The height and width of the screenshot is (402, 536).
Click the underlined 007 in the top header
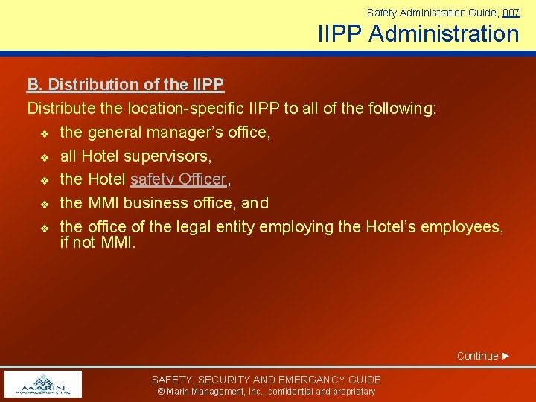click(x=511, y=13)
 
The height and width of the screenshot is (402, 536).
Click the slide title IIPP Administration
click(x=418, y=33)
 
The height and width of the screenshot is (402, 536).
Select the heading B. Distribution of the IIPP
click(x=126, y=85)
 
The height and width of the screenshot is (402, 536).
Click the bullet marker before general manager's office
click(x=44, y=133)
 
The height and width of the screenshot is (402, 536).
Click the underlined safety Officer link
click(x=178, y=179)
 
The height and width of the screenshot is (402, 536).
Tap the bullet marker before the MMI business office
click(x=44, y=203)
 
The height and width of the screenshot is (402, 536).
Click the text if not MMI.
click(x=98, y=242)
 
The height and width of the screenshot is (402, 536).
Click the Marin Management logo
click(x=43, y=384)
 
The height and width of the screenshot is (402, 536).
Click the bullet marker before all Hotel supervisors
click(x=44, y=157)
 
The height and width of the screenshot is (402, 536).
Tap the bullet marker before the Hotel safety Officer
click(x=44, y=180)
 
